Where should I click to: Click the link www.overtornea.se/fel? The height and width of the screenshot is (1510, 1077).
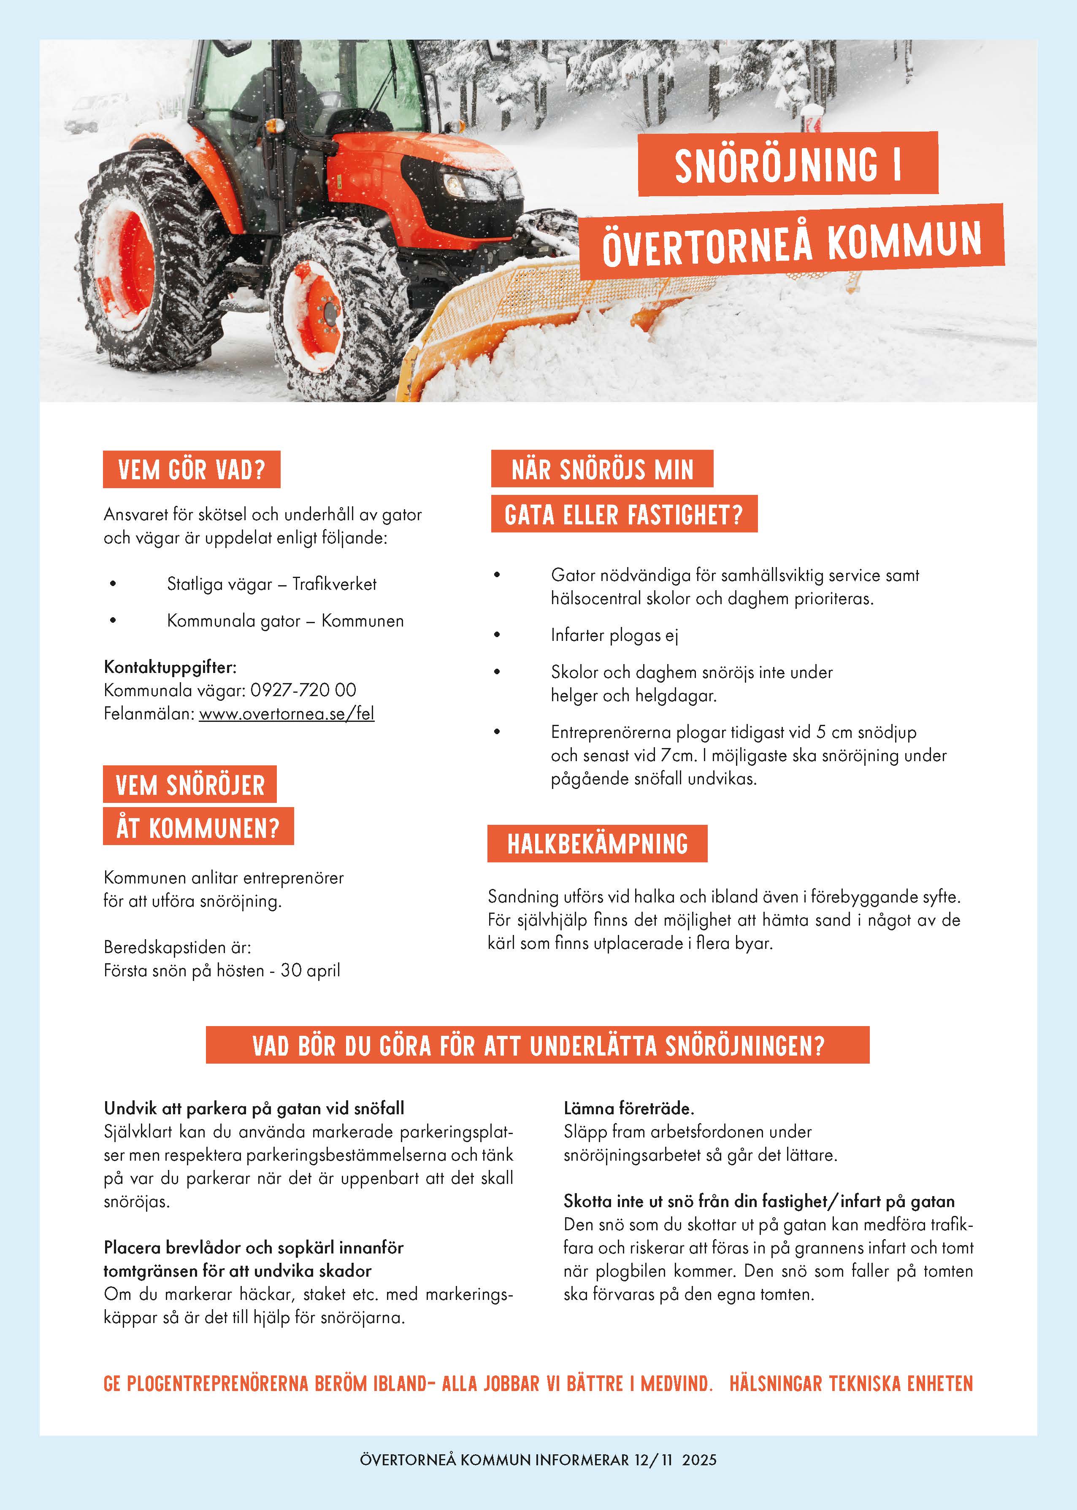click(x=287, y=714)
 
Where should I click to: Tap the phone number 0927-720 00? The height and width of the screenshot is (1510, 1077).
click(x=303, y=690)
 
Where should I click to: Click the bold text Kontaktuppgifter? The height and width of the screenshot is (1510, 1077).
click(x=170, y=667)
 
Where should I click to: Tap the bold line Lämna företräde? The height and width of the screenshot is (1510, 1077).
click(x=628, y=1108)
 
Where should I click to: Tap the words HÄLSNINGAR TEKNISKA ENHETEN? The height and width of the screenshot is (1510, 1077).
click(x=851, y=1383)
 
